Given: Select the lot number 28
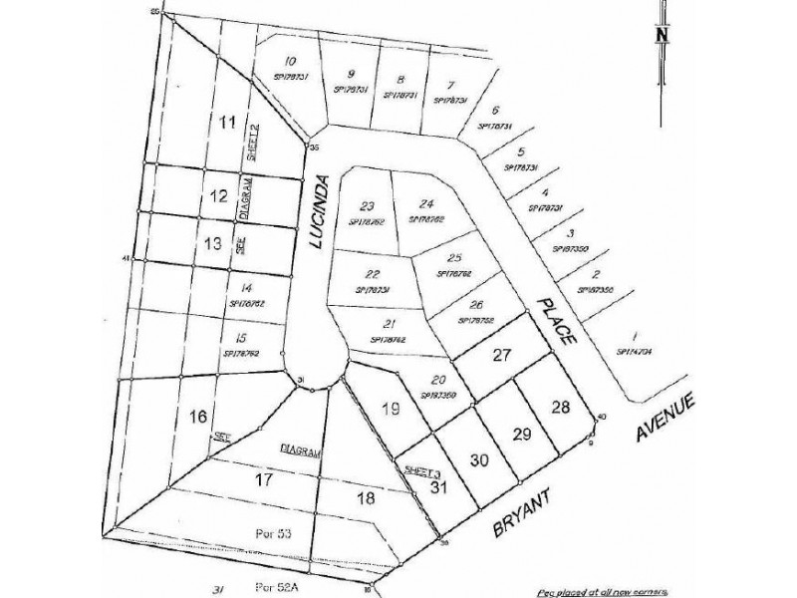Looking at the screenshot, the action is pos(561,406).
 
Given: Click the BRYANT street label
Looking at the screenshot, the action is pos(519,509).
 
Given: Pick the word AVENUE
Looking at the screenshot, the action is pos(668,418).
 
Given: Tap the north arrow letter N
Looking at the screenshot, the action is pos(661,33).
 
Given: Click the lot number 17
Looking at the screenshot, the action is pos(264,479).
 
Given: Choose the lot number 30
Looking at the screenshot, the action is pos(479,460).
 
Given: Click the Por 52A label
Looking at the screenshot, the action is pos(278,585).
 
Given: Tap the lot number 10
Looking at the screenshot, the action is pos(291,60).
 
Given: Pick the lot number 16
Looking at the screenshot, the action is pos(197,416).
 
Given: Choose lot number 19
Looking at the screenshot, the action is pos(391,407).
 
